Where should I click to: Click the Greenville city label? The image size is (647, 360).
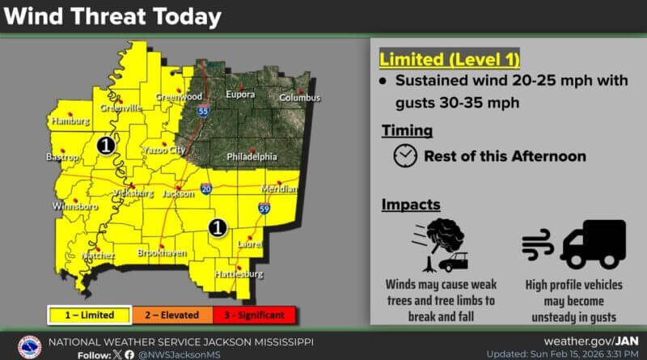[121, 108]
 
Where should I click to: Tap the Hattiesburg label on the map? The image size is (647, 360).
[239, 275]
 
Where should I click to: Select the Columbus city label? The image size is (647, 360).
[299, 98]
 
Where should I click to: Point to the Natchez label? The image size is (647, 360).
[99, 256]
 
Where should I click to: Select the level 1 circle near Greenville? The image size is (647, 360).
[105, 145]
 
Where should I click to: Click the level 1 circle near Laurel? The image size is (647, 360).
[216, 228]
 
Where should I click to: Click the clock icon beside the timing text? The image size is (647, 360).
[405, 156]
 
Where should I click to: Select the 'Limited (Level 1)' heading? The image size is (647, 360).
[450, 59]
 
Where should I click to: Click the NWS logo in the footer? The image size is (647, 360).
[30, 346]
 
